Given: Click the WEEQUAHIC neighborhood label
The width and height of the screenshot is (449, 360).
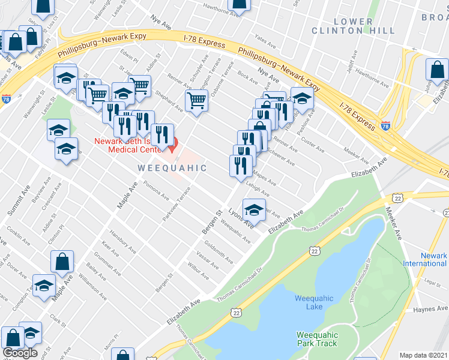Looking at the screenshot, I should pos(172,168).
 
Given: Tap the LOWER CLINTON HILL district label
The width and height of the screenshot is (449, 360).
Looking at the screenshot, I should pos(361,26).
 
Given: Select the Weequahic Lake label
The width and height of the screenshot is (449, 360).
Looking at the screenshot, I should pos(309,302).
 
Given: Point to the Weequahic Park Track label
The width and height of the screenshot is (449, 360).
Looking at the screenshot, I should pos(317,339).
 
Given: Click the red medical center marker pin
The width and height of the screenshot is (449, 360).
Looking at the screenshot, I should pos(173,143).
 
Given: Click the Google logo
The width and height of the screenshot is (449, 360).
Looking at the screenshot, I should pos(20,353).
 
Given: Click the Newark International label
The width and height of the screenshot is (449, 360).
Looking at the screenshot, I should pos(425,259).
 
